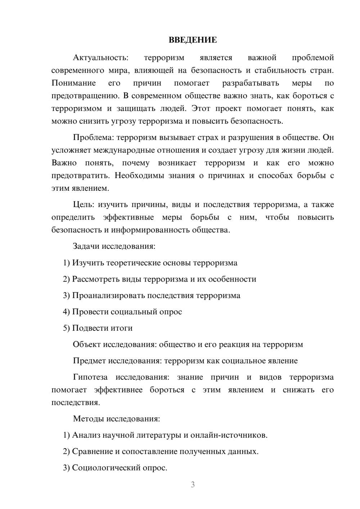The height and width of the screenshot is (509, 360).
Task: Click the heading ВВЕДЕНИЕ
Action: click(193, 40)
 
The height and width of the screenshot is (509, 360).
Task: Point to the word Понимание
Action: click(73, 83)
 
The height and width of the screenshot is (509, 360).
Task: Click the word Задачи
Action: click(86, 247)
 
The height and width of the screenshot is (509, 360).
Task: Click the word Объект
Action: click(87, 344)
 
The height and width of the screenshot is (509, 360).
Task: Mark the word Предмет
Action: click(89, 361)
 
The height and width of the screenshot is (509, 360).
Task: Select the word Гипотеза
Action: click(90, 377)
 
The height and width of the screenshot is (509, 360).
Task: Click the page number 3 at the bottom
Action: click(193, 485)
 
